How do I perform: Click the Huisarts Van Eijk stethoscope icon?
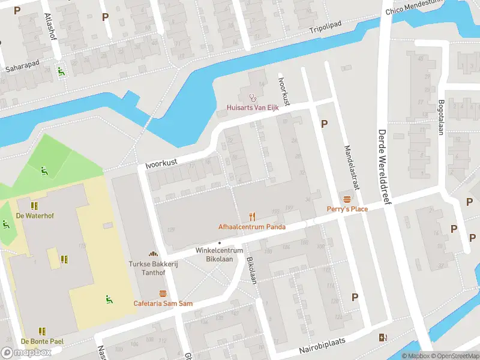(x=252, y=97)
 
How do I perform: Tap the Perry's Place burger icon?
(x=346, y=199)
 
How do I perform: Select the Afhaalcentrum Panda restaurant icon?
(x=252, y=217)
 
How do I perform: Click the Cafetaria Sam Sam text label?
(x=163, y=304)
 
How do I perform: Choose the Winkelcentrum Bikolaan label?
(x=219, y=254)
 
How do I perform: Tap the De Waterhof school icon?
(x=34, y=206)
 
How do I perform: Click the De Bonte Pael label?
(x=42, y=341)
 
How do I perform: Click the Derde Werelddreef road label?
(x=383, y=167)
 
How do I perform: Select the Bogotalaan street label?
(x=441, y=117)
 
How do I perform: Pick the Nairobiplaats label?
(x=323, y=348)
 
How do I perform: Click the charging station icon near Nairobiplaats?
(x=383, y=337)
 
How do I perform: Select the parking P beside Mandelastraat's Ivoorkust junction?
(x=325, y=124)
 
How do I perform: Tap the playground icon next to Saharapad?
(x=61, y=71)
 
